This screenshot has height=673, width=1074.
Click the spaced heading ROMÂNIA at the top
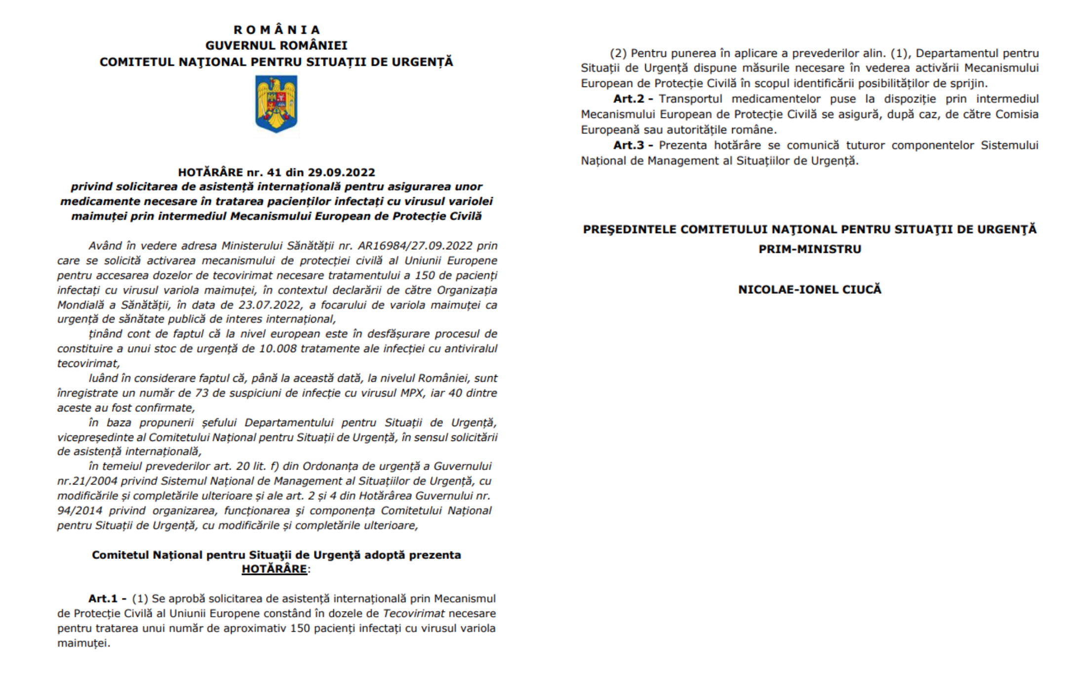point(277,30)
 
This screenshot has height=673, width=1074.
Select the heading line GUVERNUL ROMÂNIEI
point(277,45)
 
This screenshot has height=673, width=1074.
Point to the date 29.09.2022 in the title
point(341,172)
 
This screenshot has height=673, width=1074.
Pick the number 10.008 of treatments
point(278,349)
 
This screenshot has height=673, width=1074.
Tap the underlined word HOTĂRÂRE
point(275,569)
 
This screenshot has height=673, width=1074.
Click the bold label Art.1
point(103,598)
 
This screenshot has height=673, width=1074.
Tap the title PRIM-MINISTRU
point(810,249)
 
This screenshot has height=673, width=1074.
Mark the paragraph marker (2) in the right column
point(618,53)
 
